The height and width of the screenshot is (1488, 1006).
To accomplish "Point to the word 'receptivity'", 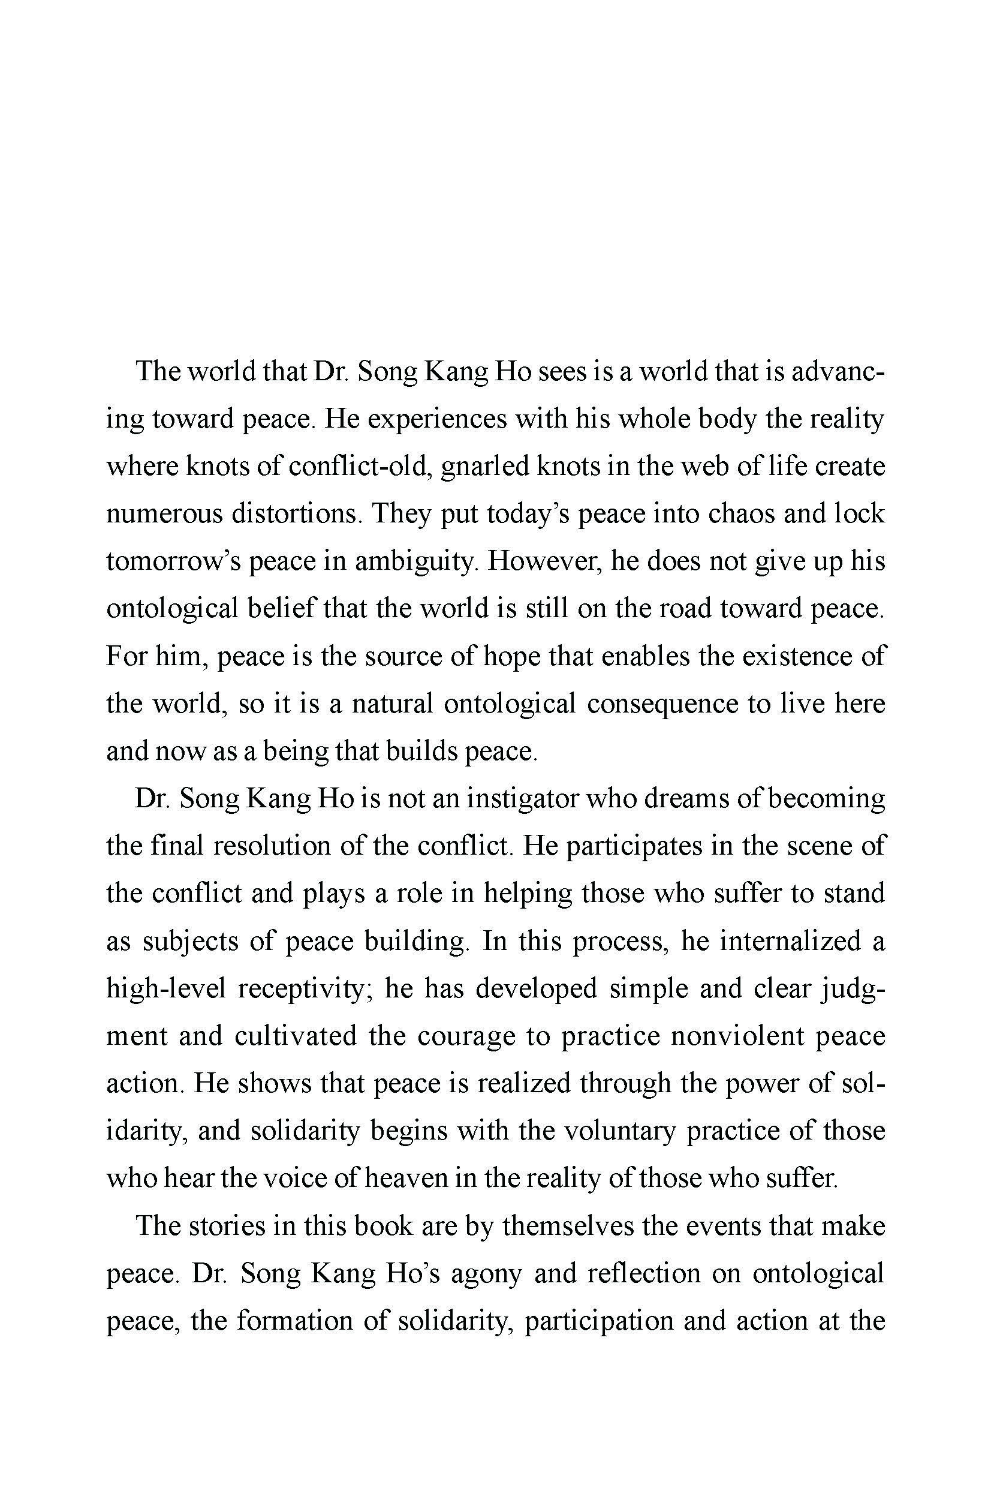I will coord(301,988).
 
